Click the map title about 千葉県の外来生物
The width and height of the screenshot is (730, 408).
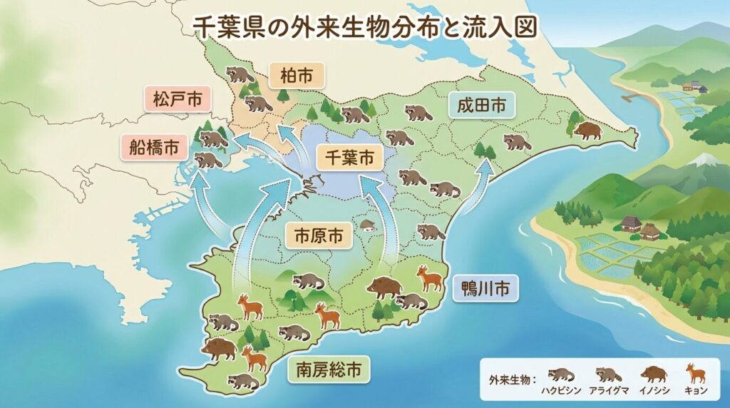(x=365, y=27)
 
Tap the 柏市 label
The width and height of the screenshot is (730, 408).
(x=296, y=75)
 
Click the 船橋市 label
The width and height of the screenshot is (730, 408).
(x=155, y=148)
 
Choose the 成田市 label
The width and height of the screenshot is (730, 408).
(x=482, y=106)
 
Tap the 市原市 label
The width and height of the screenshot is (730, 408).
(x=319, y=236)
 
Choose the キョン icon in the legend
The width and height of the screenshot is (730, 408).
(x=692, y=373)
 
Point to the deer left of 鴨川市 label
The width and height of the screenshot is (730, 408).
(x=429, y=278)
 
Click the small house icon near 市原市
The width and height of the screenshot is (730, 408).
(x=367, y=225)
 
